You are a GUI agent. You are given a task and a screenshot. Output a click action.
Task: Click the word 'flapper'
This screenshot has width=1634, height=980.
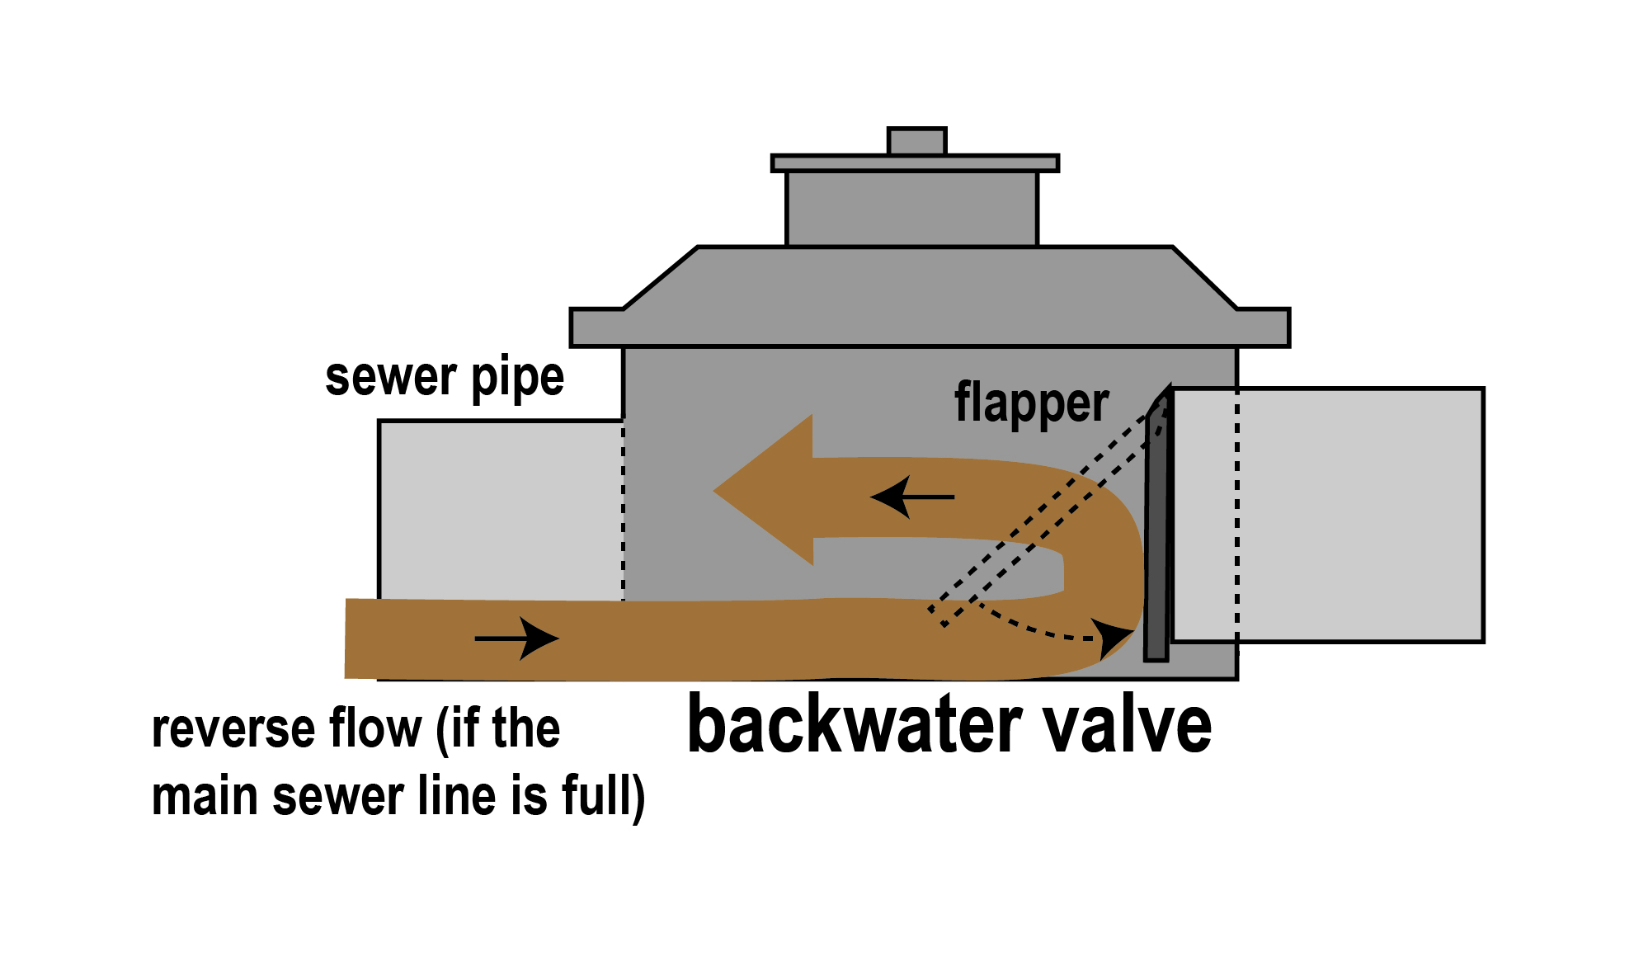click(x=1031, y=403)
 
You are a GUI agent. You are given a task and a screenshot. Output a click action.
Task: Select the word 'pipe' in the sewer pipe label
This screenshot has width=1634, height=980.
click(x=517, y=379)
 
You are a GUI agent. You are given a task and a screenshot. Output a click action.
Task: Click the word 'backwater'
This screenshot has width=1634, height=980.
click(x=853, y=725)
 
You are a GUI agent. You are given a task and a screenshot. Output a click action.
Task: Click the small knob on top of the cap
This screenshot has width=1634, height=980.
click(x=916, y=141)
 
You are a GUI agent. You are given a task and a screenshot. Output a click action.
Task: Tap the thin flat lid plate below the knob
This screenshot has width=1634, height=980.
click(x=915, y=163)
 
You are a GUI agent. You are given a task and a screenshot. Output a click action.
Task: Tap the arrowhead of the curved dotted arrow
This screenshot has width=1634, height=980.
click(x=1114, y=637)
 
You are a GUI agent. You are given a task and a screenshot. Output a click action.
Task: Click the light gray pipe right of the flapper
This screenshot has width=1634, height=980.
click(x=1361, y=515)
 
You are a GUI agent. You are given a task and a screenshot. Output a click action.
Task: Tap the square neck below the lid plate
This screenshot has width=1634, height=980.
click(x=911, y=209)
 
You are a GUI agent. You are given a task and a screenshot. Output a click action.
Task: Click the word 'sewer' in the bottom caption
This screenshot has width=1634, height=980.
click(x=338, y=797)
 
